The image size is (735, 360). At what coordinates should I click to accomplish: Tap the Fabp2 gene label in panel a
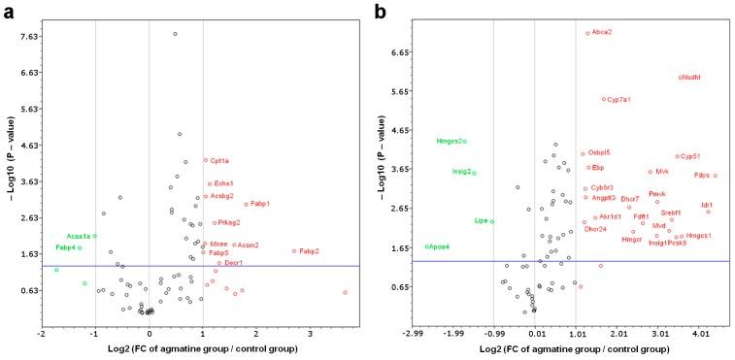tap(309, 251)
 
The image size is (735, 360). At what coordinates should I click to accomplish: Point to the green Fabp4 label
tap(66, 247)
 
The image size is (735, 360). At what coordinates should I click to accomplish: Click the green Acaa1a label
tap(79, 236)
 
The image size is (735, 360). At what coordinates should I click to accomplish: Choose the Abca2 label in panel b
tap(602, 32)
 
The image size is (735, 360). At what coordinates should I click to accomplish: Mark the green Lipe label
tap(481, 221)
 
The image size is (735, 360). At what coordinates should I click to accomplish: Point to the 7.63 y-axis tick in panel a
tap(27, 37)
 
